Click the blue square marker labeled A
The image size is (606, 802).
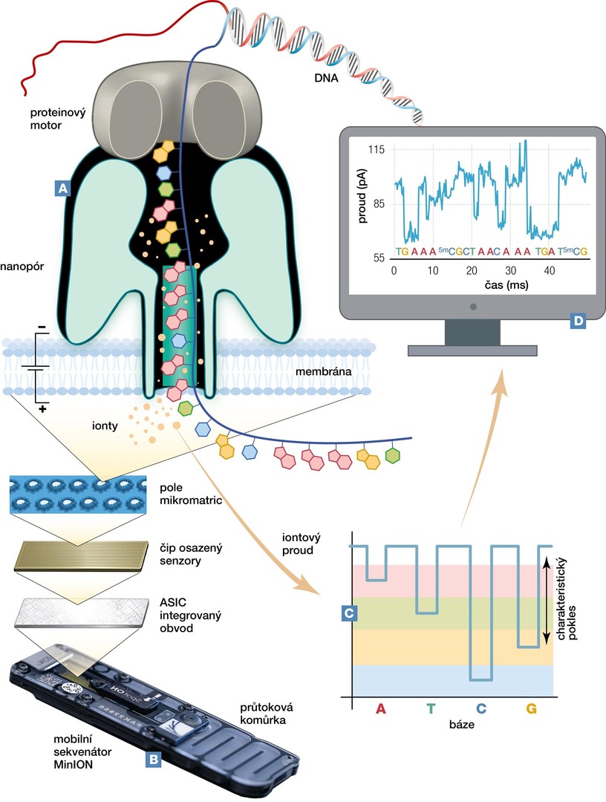pos(63,189)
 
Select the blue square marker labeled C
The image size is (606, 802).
pos(348,613)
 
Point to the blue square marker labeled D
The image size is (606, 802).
pos(577,321)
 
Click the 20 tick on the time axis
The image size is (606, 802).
pos(472,270)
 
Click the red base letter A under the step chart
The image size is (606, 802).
pos(381,709)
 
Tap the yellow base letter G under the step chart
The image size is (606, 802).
pos(531,709)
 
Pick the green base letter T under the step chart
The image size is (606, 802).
pos(431,709)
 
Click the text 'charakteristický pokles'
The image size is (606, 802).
pos(576,600)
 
